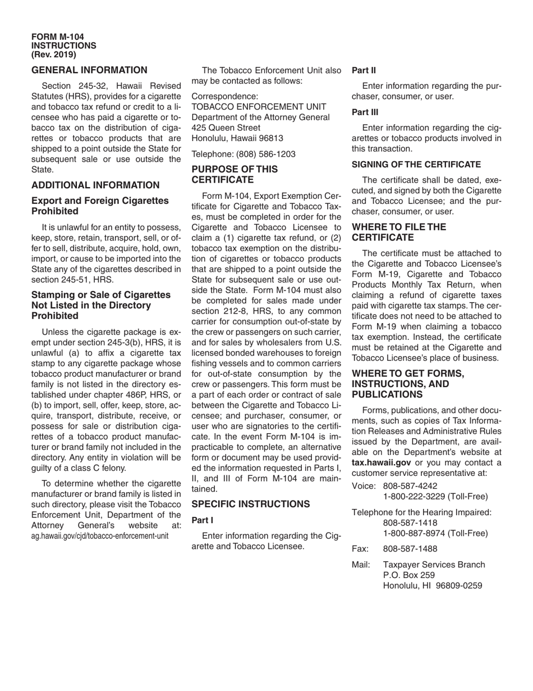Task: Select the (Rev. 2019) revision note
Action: tap(54, 54)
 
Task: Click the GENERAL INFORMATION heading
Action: tap(89, 70)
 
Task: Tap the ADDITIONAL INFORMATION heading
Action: tap(95, 185)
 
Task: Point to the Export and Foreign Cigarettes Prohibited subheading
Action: tap(100, 206)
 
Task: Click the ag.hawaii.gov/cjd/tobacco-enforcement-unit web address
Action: tap(100, 535)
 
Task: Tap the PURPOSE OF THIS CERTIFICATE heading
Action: tap(235, 174)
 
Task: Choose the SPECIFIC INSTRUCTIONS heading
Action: tap(250, 504)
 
